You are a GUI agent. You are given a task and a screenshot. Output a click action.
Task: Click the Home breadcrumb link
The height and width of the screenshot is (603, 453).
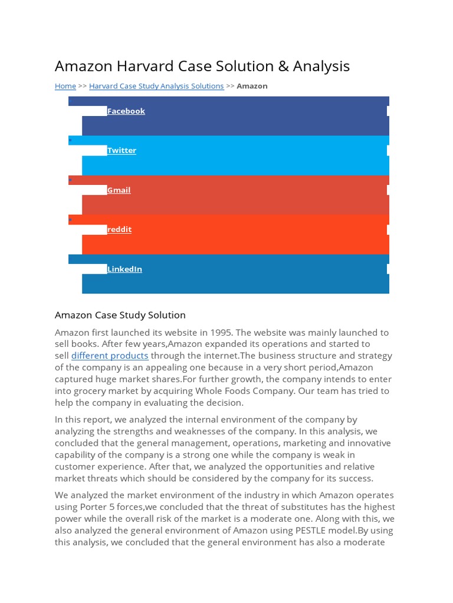65,86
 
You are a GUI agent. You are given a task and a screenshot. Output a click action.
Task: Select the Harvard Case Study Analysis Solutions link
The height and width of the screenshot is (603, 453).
156,86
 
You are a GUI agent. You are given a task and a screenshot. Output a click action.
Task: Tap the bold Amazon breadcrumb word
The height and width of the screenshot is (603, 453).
252,86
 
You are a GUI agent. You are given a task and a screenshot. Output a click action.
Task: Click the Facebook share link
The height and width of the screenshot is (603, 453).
126,111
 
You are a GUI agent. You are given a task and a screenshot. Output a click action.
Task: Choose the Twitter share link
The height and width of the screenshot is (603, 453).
122,150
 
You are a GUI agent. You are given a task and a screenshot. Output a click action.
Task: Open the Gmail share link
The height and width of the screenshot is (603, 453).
119,190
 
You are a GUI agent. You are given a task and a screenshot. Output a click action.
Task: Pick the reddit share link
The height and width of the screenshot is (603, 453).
119,229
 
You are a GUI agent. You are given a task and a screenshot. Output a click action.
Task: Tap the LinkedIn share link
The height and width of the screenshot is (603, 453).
124,269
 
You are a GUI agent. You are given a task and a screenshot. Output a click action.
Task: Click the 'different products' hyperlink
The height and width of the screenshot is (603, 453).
110,356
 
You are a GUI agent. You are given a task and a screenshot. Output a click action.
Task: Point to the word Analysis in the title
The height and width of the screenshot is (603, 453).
321,66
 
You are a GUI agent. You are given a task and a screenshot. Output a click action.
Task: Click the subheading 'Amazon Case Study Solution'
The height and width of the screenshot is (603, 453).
120,315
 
